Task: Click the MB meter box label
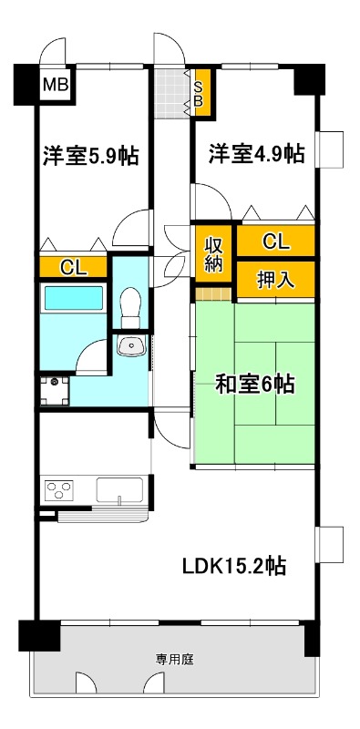click(x=56, y=87)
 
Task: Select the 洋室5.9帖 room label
click(x=90, y=156)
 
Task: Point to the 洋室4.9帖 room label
click(x=256, y=154)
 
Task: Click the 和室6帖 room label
click(x=254, y=385)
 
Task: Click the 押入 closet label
click(x=275, y=280)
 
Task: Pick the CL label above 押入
click(x=275, y=241)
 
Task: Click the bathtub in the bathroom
click(x=74, y=300)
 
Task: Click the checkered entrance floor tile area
click(x=170, y=92)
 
